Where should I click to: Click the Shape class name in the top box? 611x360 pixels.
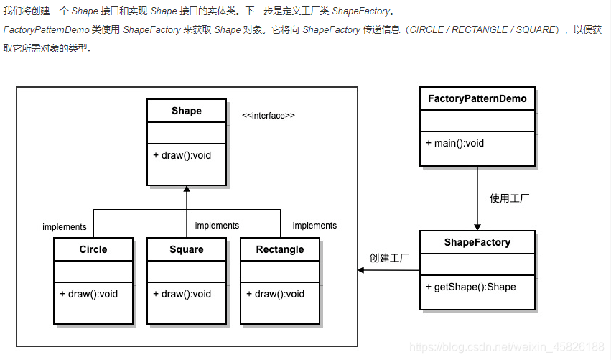pyautogui.click(x=187, y=111)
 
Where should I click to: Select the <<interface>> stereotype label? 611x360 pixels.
pyautogui.click(x=269, y=116)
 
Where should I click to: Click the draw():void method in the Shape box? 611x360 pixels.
pyautogui.click(x=182, y=155)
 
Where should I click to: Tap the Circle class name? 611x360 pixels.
pyautogui.click(x=93, y=250)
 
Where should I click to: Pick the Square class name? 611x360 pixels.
pyautogui.click(x=187, y=250)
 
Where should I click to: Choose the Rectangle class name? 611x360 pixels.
pyautogui.click(x=280, y=250)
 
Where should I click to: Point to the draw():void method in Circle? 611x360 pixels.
pyautogui.click(x=89, y=294)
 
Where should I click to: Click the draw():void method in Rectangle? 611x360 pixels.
pyautogui.click(x=276, y=294)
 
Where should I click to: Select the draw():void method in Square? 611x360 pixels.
pyautogui.click(x=182, y=294)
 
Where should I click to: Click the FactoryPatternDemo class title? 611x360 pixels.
pyautogui.click(x=477, y=98)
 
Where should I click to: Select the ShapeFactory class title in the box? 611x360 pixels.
pyautogui.click(x=477, y=243)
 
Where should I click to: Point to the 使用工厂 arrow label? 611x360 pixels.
pyautogui.click(x=510, y=198)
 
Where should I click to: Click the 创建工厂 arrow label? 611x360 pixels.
pyautogui.click(x=389, y=258)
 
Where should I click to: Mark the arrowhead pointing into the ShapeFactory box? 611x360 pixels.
pyautogui.click(x=477, y=226)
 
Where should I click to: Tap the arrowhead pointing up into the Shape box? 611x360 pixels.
pyautogui.click(x=187, y=190)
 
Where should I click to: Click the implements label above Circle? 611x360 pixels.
pyautogui.click(x=65, y=227)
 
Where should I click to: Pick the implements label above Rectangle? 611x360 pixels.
pyautogui.click(x=314, y=226)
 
